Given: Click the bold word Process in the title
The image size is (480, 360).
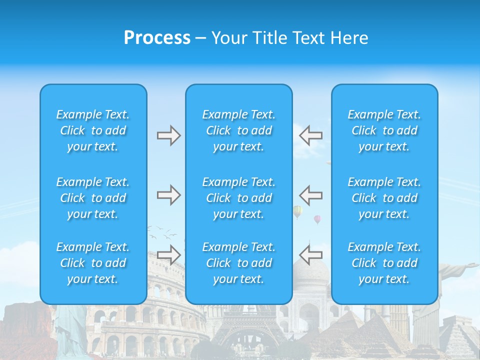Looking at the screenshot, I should [x=157, y=38].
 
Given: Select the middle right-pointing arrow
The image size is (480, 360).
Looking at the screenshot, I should [x=168, y=195].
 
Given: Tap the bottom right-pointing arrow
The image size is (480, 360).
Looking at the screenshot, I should [x=168, y=255].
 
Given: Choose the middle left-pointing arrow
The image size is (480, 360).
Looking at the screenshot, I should [x=310, y=195].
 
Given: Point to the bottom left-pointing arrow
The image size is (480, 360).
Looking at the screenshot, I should [x=310, y=255].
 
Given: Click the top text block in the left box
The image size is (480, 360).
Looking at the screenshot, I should [x=93, y=130].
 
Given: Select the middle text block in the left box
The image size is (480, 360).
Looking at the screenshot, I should [x=93, y=198].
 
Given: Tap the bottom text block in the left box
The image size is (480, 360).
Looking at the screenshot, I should [x=93, y=263].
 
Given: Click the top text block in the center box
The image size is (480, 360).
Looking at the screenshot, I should [x=239, y=130].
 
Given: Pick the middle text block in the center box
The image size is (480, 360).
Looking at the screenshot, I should [x=239, y=198].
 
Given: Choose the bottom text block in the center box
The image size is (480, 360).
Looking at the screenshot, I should [x=239, y=263].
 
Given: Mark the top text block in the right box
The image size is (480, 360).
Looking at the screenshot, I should [x=384, y=130].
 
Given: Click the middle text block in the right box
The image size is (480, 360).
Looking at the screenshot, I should [x=384, y=198].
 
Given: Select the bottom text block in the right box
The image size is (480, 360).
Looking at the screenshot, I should [x=384, y=263].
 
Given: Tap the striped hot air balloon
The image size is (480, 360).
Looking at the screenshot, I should [x=297, y=211].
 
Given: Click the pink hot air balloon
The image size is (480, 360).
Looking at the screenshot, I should [x=317, y=219].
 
